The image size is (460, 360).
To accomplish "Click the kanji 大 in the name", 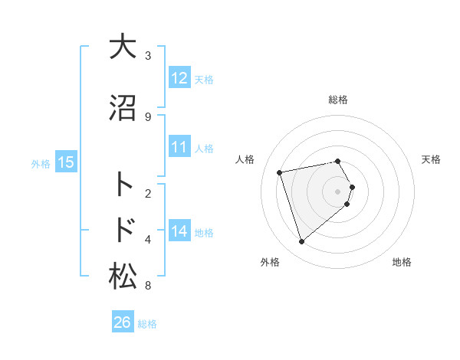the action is pos(122,47).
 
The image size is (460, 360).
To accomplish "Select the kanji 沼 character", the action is pos(122,108).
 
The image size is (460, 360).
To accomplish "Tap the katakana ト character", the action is pos(123,185).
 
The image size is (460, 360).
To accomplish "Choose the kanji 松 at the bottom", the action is pos(122,277).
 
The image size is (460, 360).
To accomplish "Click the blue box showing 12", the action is pos(179,78).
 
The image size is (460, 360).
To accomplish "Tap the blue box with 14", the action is pos(179,231).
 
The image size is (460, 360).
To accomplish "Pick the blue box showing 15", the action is pos(66,162).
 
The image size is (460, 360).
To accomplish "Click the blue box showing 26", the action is pos(123,322).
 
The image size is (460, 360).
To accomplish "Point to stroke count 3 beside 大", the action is pos(148,55).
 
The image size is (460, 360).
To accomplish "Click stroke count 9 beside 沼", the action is pos(148,116).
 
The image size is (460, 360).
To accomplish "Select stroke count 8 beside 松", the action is pos(148,286).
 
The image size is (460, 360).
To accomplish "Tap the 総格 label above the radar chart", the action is pos(338,100).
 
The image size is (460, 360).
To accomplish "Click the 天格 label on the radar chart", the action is pos(431,159).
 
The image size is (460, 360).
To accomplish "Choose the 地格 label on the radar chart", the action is pos(402,262).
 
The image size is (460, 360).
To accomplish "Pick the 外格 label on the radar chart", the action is pos(270,262).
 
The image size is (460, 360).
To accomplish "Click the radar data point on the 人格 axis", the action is pos(281,172).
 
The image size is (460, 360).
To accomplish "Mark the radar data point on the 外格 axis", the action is pos(301,242).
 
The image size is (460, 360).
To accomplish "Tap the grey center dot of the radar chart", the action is pos(338,191).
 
